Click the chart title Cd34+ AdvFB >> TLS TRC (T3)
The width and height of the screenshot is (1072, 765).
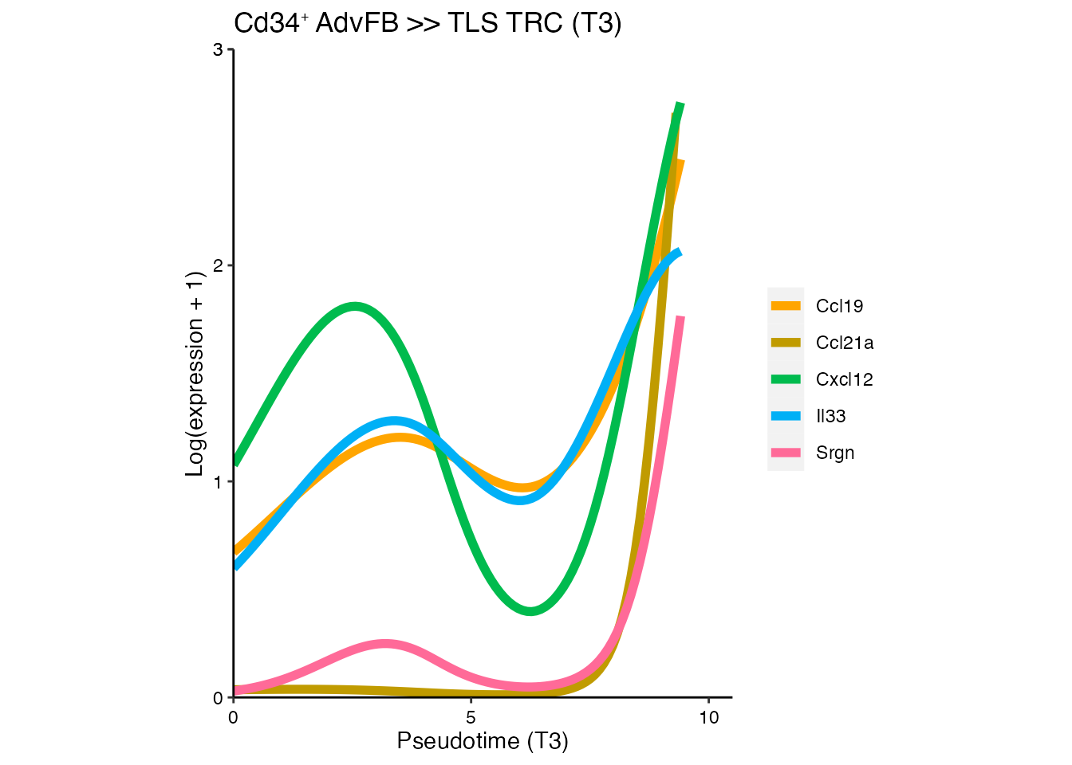click(428, 24)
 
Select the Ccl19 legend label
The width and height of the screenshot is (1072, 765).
click(839, 306)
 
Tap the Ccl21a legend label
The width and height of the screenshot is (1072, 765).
click(845, 343)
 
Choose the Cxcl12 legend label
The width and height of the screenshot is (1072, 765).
click(845, 379)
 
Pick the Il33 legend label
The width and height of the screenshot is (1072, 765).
click(830, 416)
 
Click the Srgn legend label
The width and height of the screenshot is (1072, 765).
click(835, 453)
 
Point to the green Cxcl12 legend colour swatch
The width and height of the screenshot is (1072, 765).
click(786, 379)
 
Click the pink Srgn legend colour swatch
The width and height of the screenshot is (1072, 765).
click(786, 453)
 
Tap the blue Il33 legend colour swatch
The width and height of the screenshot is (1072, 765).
click(786, 416)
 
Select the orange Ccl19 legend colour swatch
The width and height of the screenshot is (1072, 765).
click(786, 306)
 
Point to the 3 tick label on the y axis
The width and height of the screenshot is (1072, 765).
click(218, 50)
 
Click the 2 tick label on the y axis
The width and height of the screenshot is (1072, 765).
click(218, 266)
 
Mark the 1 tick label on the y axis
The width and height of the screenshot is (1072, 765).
click(218, 482)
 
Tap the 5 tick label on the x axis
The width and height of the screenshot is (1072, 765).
click(471, 718)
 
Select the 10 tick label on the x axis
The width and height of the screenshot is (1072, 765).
click(708, 718)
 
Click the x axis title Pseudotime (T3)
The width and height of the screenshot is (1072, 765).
click(483, 742)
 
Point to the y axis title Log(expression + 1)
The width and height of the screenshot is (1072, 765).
click(195, 374)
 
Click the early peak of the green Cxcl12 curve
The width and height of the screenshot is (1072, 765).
click(354, 306)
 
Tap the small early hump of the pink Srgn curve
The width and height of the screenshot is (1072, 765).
click(385, 643)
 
